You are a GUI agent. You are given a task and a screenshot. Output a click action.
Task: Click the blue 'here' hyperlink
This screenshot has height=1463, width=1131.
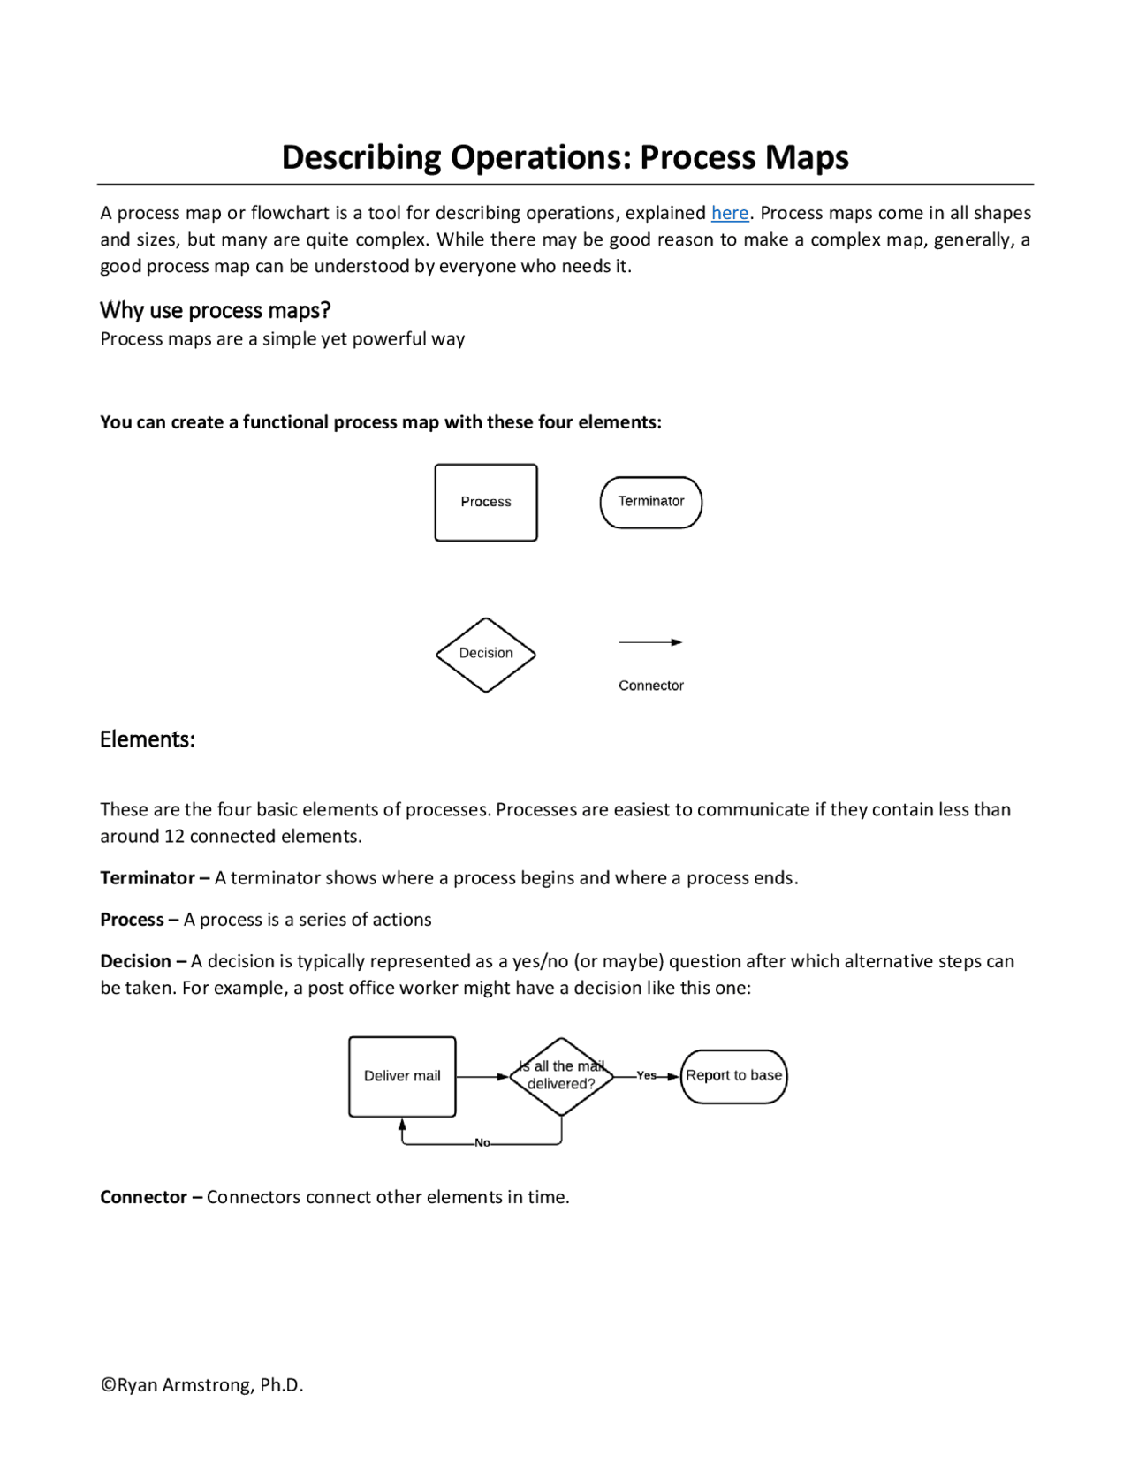point(729,213)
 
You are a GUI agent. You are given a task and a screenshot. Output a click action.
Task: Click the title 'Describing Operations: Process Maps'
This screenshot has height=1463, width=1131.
point(565,157)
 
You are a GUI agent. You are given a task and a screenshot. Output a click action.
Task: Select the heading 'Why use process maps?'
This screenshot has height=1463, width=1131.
point(215,310)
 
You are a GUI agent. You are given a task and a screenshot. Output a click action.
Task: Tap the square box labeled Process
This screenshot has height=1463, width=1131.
point(485,502)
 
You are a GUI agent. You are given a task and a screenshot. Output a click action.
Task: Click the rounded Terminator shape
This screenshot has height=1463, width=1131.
point(650,502)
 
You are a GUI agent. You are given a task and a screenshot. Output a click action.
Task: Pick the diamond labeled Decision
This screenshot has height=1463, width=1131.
point(485,654)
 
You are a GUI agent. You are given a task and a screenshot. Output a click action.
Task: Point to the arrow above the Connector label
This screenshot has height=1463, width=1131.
point(650,642)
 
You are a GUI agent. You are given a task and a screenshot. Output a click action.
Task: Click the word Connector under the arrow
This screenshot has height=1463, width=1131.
point(650,686)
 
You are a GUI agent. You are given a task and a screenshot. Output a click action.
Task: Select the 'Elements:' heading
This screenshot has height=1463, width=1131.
point(147,739)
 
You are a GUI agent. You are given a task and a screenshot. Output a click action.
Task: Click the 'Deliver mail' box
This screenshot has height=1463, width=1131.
point(402,1076)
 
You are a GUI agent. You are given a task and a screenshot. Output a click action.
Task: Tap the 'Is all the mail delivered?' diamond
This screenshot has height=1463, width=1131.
point(561,1076)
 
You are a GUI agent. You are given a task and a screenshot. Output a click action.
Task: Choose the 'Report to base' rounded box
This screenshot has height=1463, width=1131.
point(733,1076)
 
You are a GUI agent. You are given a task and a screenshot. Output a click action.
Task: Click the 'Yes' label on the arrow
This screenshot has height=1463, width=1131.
point(646,1075)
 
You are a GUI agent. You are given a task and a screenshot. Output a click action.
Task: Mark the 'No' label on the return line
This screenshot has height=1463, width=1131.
point(482,1143)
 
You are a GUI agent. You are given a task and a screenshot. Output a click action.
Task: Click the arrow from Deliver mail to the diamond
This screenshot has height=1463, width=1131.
point(482,1076)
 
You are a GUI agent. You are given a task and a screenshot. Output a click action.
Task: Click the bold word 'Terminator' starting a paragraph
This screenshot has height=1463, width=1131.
point(147,878)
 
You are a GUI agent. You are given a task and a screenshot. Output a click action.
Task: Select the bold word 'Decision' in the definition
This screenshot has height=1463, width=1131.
point(135,961)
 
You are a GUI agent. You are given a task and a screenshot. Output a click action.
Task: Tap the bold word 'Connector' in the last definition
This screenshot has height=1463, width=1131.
point(143,1197)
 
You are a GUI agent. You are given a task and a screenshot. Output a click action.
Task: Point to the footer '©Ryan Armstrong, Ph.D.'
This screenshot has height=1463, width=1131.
point(201,1385)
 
